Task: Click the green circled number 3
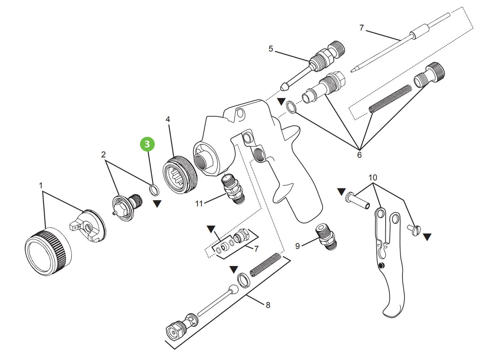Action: coord(148,144)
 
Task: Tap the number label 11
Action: coord(199,204)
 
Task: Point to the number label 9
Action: coord(297,246)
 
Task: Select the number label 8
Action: coord(268,305)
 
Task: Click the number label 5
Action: coord(271,49)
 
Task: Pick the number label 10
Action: coord(372,178)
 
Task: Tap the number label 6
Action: coord(359,155)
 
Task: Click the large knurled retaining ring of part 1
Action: coord(48,252)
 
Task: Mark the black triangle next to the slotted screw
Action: coord(427,237)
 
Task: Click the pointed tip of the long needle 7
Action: coord(352,70)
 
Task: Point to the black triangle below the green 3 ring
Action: coord(157,204)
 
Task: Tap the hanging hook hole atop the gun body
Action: coord(240,113)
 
